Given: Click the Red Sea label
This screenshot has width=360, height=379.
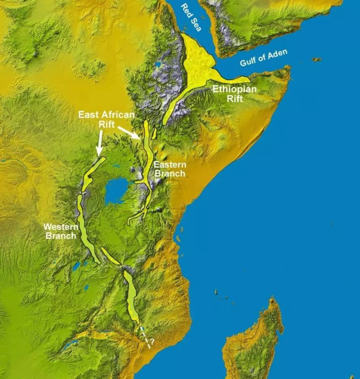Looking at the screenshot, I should tap(190, 18).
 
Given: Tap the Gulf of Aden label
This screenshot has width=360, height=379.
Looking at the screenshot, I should tap(264, 58).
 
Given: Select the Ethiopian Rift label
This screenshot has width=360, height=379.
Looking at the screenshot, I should tap(234, 94).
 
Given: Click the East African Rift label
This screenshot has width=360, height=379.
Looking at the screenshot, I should tap(106, 119).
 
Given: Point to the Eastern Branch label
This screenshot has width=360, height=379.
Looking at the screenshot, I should tap(169, 169).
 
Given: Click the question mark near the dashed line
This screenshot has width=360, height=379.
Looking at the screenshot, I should tap(152, 342).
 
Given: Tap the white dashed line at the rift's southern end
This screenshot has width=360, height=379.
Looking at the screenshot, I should tap(145, 336).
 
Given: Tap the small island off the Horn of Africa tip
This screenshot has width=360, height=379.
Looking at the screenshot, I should tap(316, 59).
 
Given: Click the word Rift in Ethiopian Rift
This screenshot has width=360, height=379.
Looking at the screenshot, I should tap(235, 99).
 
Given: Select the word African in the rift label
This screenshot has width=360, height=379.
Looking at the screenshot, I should tap(119, 114).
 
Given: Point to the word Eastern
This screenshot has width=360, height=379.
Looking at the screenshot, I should tap(169, 165).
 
